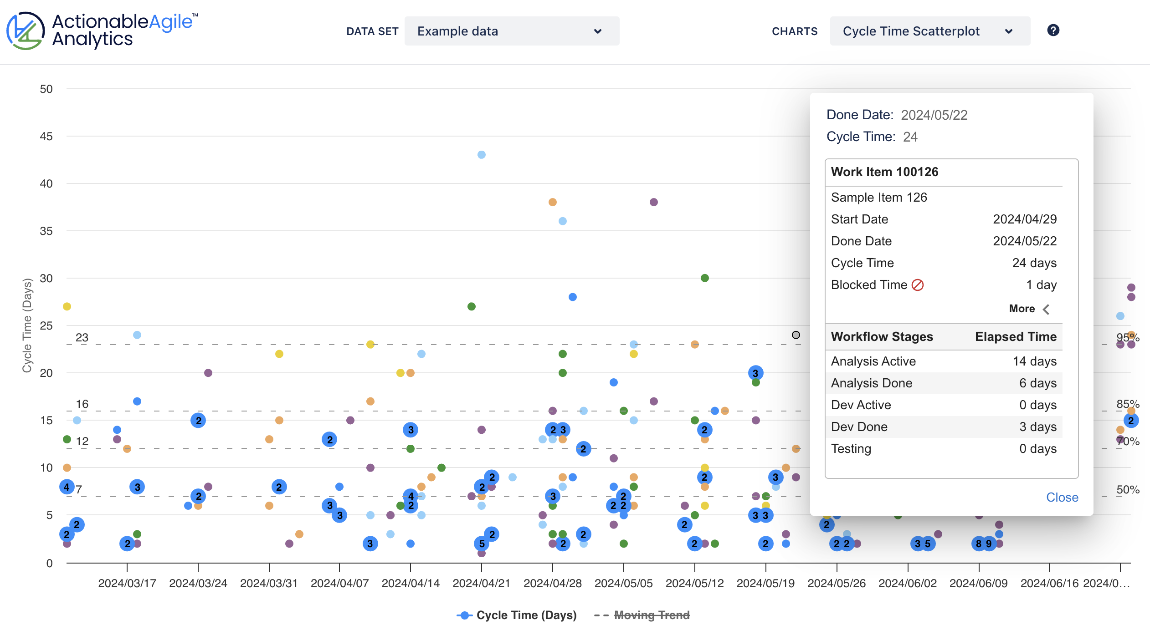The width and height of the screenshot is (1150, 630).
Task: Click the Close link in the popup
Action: point(1062,497)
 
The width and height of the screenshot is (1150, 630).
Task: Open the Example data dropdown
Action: point(511,31)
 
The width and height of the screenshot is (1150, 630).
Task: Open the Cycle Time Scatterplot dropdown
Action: point(929,31)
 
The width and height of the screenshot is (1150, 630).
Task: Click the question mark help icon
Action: point(1053,30)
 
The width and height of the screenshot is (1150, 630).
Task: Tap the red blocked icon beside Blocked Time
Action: point(918,285)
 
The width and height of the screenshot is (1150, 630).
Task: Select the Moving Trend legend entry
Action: point(651,615)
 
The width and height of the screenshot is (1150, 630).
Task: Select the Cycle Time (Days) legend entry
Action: point(526,615)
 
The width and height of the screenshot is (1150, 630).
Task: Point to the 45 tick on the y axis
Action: point(46,136)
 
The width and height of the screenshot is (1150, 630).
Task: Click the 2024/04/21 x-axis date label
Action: point(481,583)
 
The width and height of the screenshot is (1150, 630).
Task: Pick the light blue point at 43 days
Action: point(482,155)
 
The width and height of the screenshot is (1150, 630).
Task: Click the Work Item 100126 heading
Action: point(884,172)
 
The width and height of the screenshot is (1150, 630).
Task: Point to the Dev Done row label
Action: point(859,427)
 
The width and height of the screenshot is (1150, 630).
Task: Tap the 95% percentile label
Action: point(1127,337)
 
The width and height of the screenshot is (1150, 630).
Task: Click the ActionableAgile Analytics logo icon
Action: point(25,31)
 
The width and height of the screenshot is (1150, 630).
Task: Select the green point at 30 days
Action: point(705,278)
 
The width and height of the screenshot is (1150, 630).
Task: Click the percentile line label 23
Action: point(82,337)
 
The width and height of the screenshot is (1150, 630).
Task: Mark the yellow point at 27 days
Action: point(67,306)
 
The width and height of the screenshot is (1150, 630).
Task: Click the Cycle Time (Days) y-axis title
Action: point(27,325)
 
